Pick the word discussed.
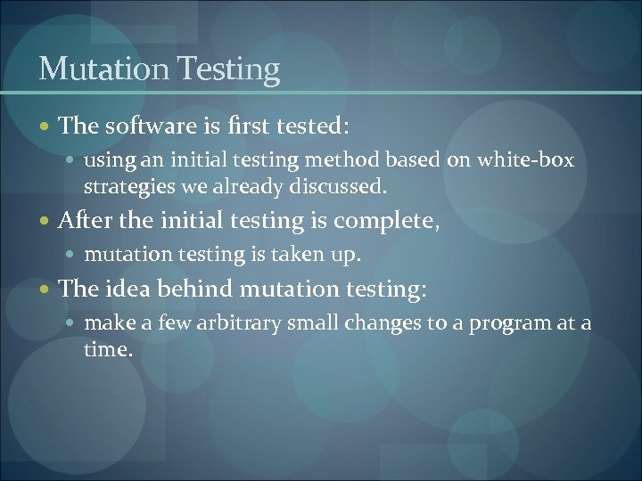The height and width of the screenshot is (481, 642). pos(344,188)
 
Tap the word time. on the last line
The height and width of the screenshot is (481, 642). pos(108,350)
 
